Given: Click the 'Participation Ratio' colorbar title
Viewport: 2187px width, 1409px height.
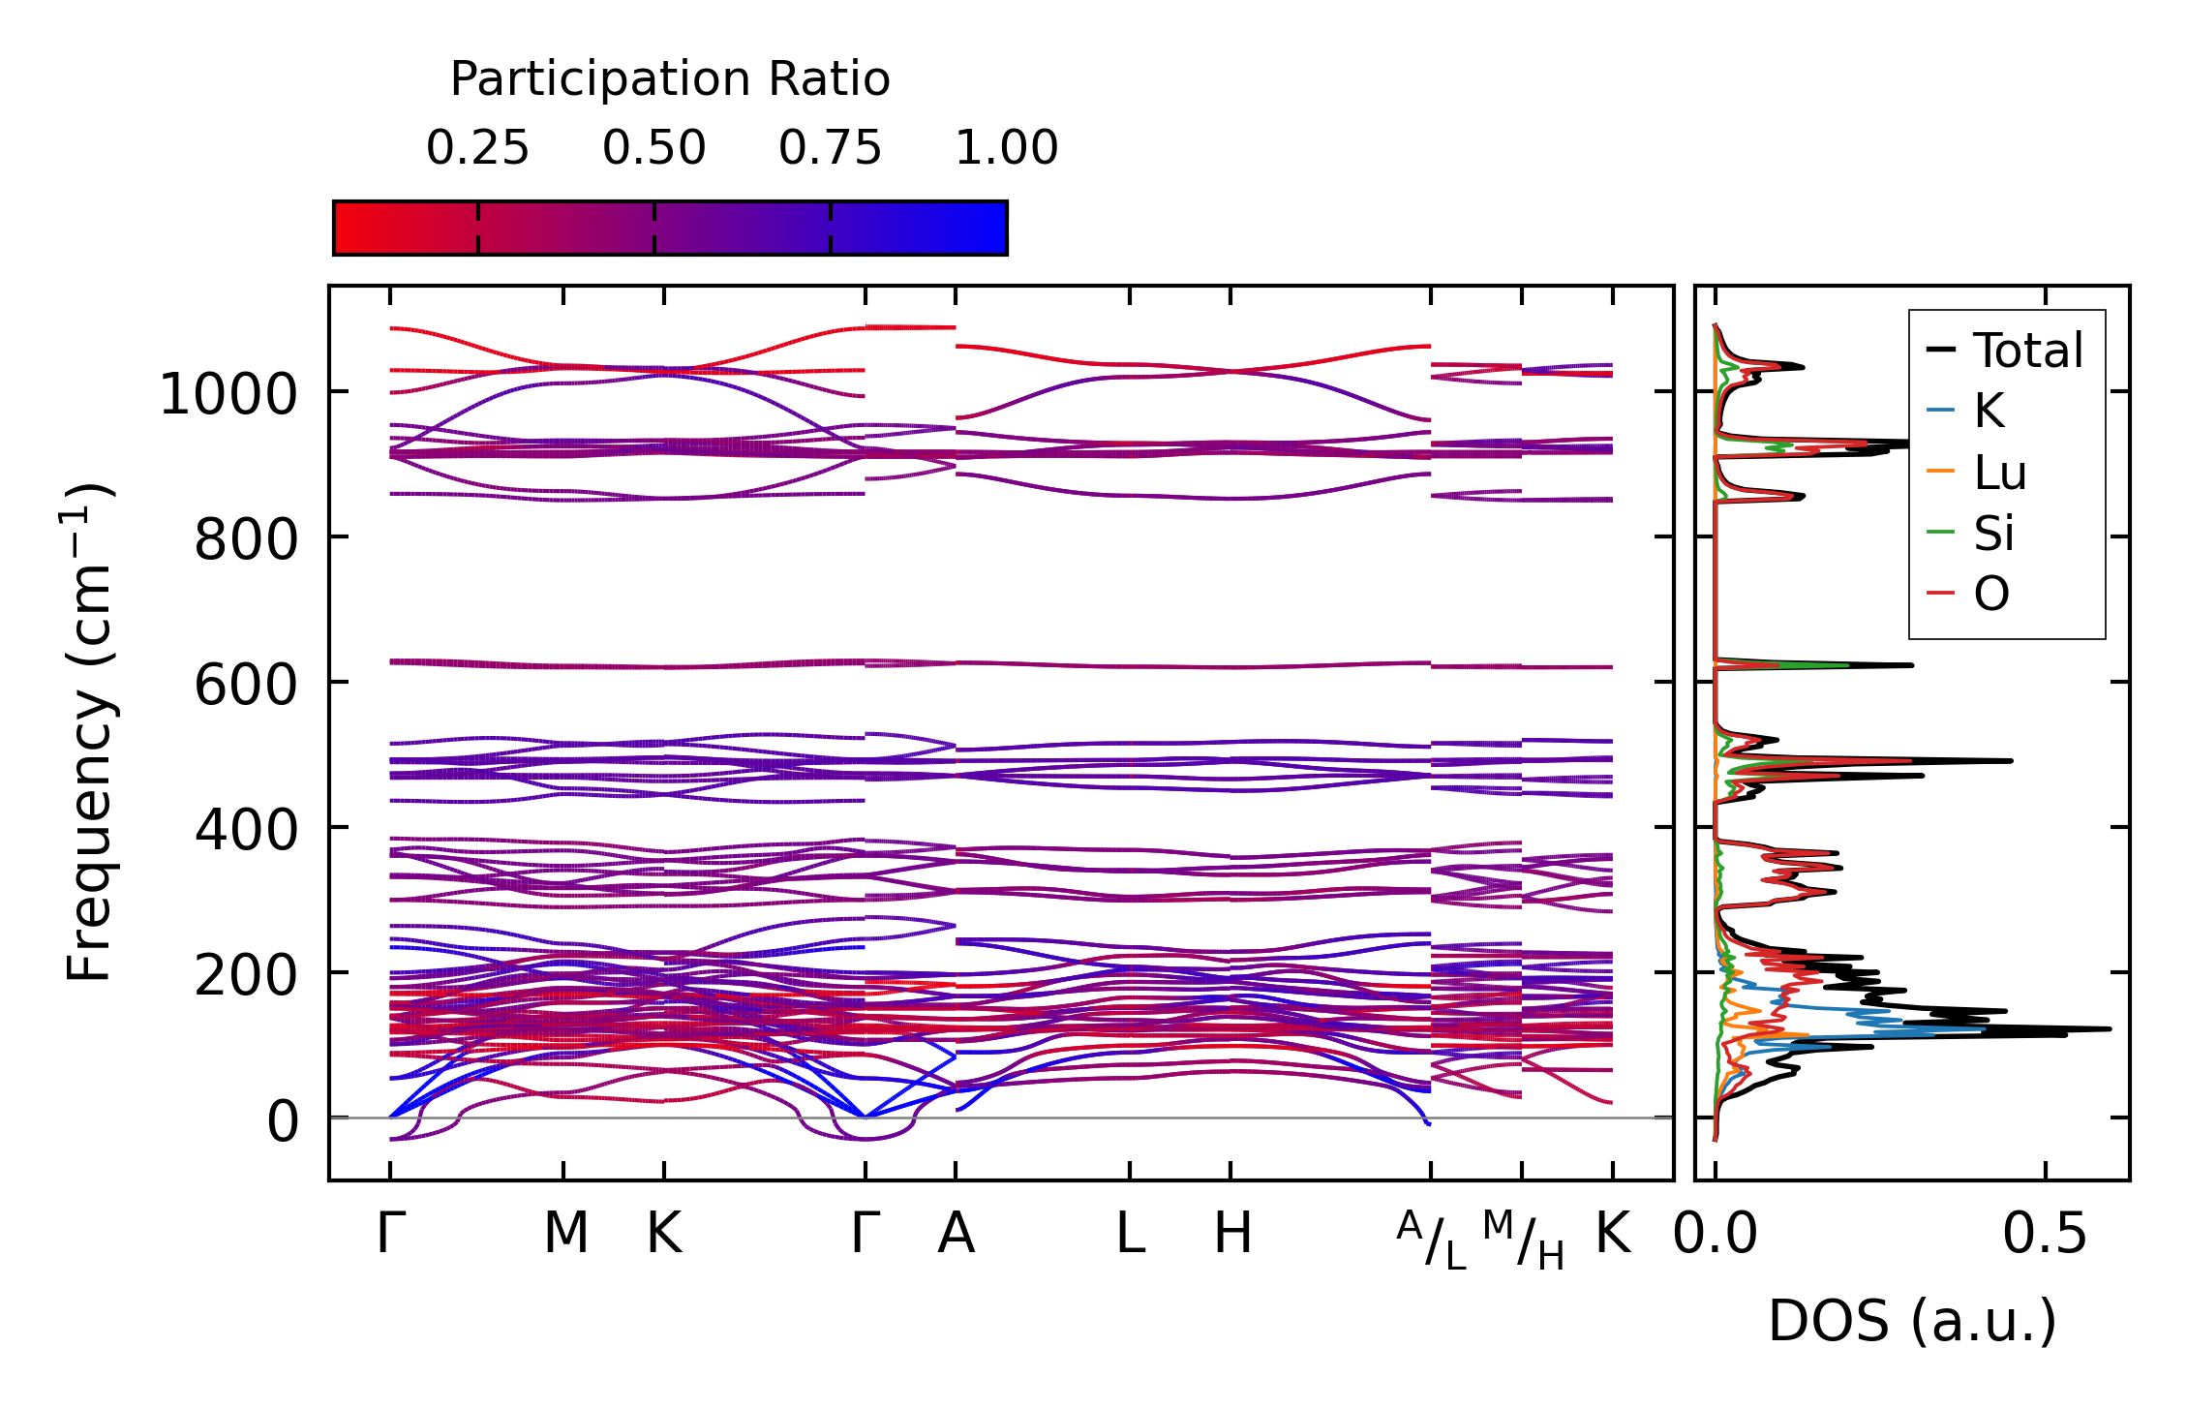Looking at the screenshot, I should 670,79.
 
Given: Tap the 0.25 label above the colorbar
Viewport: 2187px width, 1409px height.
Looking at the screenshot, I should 477,148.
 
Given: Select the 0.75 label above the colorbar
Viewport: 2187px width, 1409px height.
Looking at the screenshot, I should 830,148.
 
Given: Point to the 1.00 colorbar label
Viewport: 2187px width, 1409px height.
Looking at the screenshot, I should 1006,148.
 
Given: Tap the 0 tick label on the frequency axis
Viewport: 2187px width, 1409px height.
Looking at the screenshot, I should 283,1122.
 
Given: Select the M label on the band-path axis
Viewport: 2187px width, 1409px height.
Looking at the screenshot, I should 565,1234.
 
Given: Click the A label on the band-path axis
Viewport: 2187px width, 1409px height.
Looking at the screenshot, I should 956,1234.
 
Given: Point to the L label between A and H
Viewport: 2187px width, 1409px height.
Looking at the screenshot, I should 1130,1234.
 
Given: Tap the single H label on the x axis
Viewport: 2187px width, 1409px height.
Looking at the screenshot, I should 1232,1234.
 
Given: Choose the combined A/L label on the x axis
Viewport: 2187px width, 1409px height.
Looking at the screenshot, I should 1431,1240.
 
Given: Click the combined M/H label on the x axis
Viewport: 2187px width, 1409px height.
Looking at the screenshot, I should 1523,1240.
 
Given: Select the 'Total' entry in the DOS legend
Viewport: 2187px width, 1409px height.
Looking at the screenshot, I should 2027,351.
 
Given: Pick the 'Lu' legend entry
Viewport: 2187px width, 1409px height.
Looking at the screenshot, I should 1999,474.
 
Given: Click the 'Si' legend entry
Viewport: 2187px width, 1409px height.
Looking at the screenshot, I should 1993,534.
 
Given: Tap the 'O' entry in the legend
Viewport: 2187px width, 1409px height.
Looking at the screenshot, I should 1991,594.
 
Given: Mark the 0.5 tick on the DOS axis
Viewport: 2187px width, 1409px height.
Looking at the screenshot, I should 2045,1234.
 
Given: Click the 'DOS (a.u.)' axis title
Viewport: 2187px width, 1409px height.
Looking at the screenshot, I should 1912,1321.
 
